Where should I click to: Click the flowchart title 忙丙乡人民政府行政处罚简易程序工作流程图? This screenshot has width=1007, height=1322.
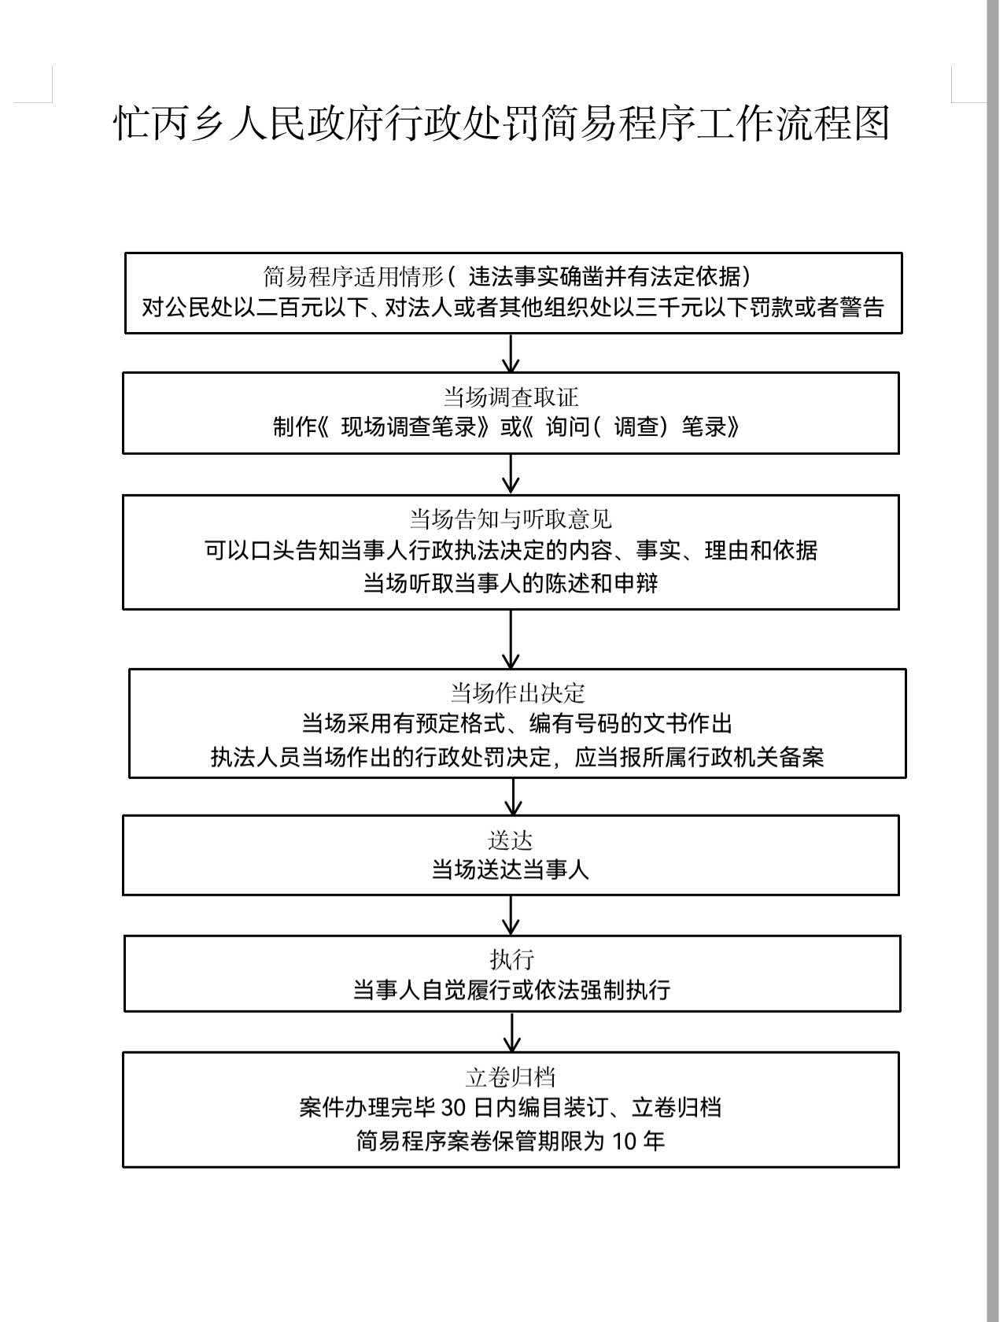pyautogui.click(x=502, y=124)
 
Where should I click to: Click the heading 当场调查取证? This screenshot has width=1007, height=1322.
pyautogui.click(x=511, y=397)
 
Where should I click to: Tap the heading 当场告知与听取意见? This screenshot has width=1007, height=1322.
pyautogui.click(x=511, y=519)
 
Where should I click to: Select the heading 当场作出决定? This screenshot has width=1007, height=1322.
pyautogui.click(x=518, y=692)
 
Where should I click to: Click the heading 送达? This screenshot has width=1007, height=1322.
pyautogui.click(x=511, y=840)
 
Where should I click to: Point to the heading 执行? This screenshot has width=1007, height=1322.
pyautogui.click(x=512, y=959)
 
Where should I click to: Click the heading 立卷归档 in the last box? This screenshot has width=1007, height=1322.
pyautogui.click(x=511, y=1076)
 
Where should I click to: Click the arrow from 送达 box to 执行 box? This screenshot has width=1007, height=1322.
pyautogui.click(x=511, y=915)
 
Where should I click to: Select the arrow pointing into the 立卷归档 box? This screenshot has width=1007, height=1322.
pyautogui.click(x=512, y=1032)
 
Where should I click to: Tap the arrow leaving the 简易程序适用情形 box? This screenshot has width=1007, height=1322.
pyautogui.click(x=511, y=353)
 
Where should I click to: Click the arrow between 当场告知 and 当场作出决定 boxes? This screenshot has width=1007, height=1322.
pyautogui.click(x=511, y=639)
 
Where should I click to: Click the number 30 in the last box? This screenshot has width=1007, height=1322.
pyautogui.click(x=454, y=1108)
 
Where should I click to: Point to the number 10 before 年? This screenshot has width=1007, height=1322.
pyautogui.click(x=623, y=1141)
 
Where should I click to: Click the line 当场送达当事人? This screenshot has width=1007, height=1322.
pyautogui.click(x=511, y=870)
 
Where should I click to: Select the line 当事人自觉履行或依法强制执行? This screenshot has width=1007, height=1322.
pyautogui.click(x=511, y=990)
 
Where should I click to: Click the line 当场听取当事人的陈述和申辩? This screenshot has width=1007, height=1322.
pyautogui.click(x=511, y=583)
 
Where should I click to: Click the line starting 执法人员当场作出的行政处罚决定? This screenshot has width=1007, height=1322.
pyautogui.click(x=518, y=757)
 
